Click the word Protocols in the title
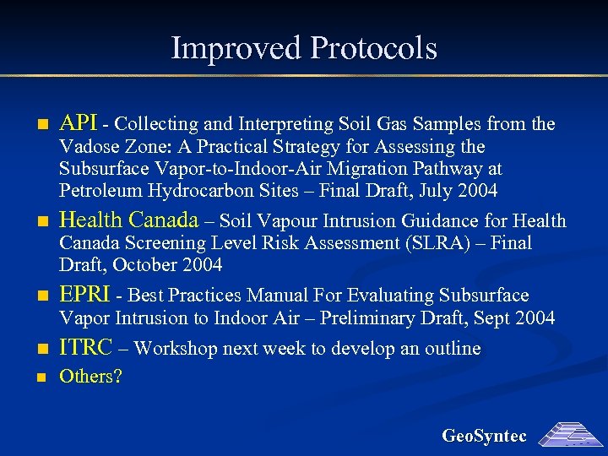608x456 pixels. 373,48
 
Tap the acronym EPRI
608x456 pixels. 83,296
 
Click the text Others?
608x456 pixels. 90,377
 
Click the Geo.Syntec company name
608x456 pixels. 484,437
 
